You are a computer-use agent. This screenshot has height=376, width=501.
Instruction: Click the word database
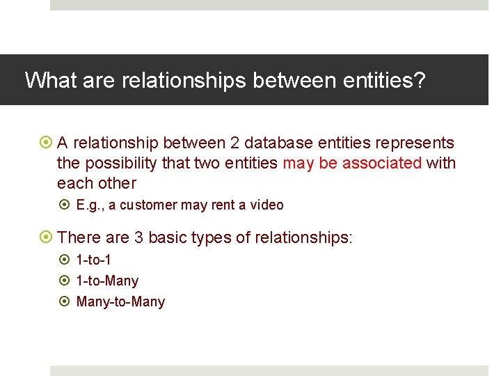tap(280, 143)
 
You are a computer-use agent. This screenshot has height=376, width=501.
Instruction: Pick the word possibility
tap(120, 164)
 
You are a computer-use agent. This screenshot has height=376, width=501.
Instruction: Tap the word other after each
tap(116, 184)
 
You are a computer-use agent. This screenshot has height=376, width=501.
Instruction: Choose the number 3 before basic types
tap(138, 238)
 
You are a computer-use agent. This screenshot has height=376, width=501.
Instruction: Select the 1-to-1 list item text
tap(93, 260)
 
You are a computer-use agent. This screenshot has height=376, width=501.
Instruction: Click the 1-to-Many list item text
tap(107, 281)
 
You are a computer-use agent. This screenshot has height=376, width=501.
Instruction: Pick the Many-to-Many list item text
tap(120, 302)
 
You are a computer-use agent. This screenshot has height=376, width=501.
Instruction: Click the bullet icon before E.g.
tap(65, 205)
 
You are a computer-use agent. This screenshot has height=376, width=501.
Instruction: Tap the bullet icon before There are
tap(46, 238)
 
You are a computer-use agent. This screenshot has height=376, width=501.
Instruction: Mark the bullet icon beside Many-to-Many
tap(65, 301)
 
